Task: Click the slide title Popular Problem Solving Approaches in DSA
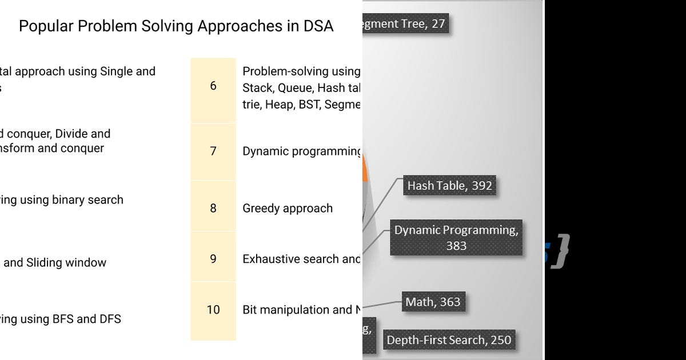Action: point(176,26)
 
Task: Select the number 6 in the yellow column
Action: point(213,86)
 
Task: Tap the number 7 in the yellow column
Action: point(213,151)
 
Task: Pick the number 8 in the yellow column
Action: point(213,208)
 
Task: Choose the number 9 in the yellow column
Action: point(213,259)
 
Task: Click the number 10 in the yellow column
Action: point(213,310)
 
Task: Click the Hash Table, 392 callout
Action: point(449,186)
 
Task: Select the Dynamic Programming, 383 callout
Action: point(456,238)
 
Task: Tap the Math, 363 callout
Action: point(433,302)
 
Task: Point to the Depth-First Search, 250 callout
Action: point(449,340)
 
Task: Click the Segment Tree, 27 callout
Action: point(406,24)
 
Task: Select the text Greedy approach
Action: point(288,209)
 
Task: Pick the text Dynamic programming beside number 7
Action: point(301,151)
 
